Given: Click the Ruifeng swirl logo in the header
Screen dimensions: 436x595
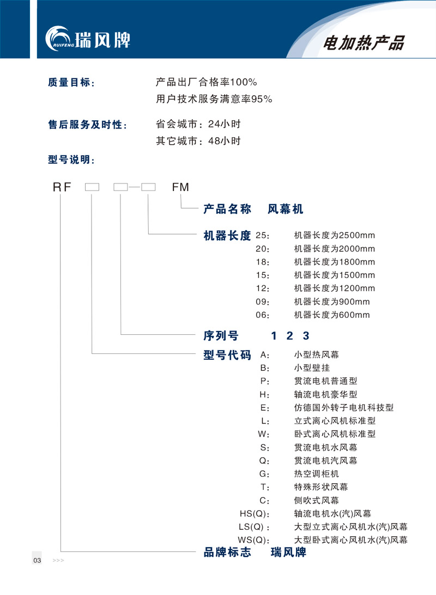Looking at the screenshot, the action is click(58, 39).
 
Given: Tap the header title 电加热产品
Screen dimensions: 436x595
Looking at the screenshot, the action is click(364, 43).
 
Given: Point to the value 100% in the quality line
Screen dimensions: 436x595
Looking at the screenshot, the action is click(244, 82).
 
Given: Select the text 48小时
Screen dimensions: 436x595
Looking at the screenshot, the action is click(225, 141).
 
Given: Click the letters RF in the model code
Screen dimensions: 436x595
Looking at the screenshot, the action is click(62, 187).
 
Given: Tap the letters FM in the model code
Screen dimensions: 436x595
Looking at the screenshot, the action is click(180, 187).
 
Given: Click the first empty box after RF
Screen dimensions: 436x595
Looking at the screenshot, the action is click(92, 187).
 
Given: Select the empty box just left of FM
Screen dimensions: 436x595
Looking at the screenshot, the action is click(148, 187).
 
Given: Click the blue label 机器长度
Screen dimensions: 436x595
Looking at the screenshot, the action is click(227, 236).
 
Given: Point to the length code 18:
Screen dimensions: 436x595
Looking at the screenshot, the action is click(263, 262).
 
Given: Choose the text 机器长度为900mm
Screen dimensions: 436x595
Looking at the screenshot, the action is click(332, 302).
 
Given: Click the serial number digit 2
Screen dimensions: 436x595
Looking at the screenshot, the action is click(290, 336).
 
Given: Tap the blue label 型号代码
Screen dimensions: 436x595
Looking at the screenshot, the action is click(227, 355).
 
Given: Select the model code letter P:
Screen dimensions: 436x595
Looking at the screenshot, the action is click(265, 382).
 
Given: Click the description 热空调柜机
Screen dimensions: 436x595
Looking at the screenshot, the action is click(316, 474).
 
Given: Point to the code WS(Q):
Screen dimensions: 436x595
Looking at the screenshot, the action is click(254, 540).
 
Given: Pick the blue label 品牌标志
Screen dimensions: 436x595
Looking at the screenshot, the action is click(227, 552).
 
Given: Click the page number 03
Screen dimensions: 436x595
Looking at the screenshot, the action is click(37, 561).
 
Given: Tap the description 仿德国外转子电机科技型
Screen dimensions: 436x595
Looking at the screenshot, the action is click(344, 408).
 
